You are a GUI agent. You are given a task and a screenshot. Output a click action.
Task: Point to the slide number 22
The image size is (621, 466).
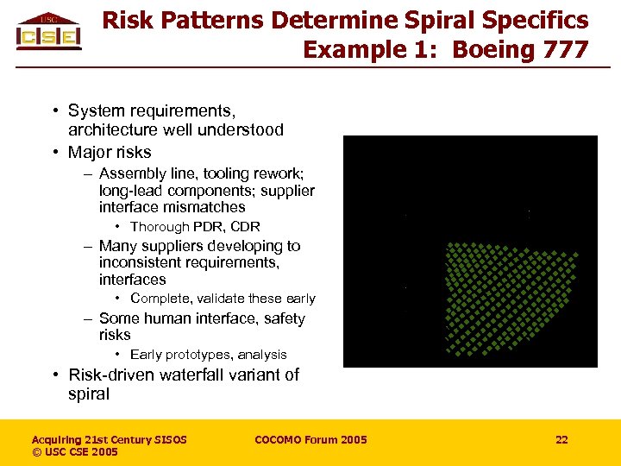561,440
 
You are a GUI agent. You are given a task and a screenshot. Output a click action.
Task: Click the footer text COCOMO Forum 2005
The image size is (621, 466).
310,440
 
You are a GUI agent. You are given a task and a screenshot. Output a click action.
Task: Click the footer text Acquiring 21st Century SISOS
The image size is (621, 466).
110,440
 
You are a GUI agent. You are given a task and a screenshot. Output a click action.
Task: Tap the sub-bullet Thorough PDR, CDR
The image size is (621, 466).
195,227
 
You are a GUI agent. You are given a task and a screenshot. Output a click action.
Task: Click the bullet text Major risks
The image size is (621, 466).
110,153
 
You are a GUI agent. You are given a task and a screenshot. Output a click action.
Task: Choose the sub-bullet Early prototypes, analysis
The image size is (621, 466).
208,355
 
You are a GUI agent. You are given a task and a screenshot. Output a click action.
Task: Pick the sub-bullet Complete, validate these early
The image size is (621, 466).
223,299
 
